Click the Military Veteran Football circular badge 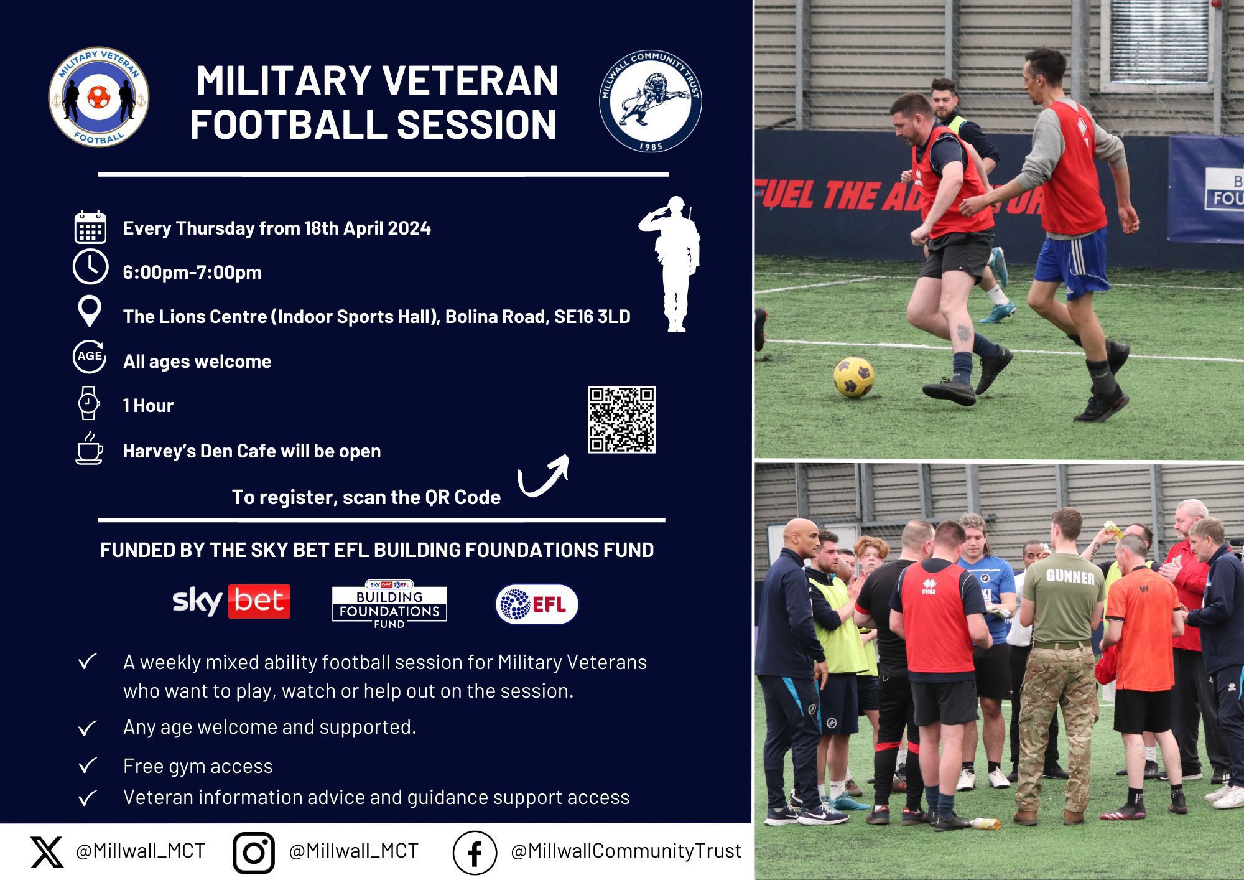coord(99,97)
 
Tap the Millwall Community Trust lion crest coord(651,101)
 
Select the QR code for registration coord(621,419)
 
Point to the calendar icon coord(90,227)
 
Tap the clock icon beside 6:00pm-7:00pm coord(90,268)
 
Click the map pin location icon coord(90,311)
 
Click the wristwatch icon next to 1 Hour coord(88,403)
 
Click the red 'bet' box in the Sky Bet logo coord(259,601)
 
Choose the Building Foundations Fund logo coord(389,604)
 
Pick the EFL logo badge coord(537,604)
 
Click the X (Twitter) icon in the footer coord(47,852)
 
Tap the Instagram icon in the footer coord(254,853)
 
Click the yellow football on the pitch coord(853,377)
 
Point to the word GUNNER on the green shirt coord(1070,577)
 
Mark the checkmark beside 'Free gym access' coord(88,765)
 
